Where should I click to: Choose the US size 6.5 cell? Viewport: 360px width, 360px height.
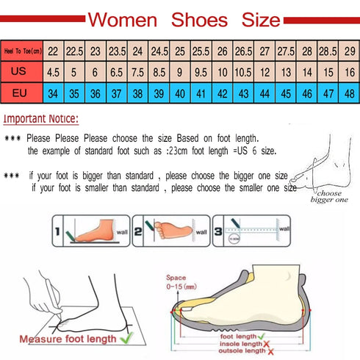click(x=116, y=73)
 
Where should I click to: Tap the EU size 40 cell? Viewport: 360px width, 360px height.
click(x=180, y=94)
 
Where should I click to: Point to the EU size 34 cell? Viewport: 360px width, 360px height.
click(x=53, y=94)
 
